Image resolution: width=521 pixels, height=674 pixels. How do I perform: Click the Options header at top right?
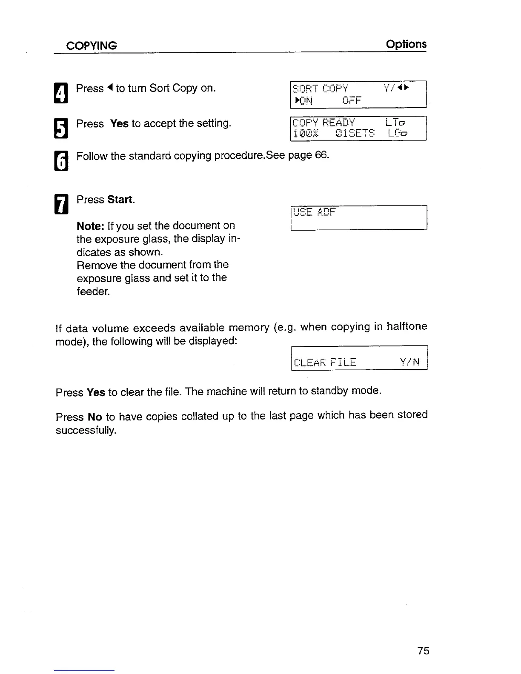tap(406, 44)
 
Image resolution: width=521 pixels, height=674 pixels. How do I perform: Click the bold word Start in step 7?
tap(121, 200)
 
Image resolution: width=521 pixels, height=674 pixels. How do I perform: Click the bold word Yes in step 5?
tap(119, 124)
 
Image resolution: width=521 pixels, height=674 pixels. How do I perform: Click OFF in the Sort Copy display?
tap(352, 101)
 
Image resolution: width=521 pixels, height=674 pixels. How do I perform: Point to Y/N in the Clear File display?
tap(410, 362)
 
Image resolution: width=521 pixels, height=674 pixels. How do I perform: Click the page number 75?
tap(423, 651)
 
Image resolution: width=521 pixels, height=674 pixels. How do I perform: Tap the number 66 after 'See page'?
tap(322, 155)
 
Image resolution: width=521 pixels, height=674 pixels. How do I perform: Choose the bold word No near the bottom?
tap(94, 417)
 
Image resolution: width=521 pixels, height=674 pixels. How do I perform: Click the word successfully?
tap(86, 430)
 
